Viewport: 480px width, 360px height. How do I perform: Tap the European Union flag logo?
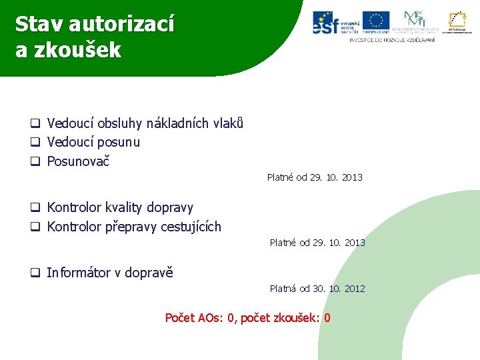[x=375, y=22]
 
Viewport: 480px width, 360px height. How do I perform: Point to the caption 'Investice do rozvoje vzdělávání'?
[x=392, y=40]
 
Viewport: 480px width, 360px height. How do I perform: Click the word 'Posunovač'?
[x=78, y=161]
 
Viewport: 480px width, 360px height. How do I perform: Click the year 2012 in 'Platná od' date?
[x=354, y=289]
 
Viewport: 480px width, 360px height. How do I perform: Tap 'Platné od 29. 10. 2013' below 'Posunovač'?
[x=315, y=177]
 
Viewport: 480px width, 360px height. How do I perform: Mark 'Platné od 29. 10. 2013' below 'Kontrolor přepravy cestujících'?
[x=317, y=243]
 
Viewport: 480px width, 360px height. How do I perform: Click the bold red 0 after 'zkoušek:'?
[x=327, y=318]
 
